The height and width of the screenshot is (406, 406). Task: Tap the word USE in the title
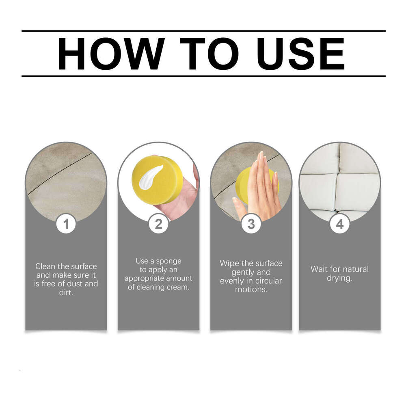(x=300, y=54)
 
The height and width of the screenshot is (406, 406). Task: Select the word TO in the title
(x=209, y=54)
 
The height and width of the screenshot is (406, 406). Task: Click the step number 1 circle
(x=66, y=224)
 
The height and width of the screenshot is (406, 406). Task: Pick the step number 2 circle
(x=158, y=224)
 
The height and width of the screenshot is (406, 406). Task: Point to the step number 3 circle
(x=251, y=224)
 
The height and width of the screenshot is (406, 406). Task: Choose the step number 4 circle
(x=340, y=224)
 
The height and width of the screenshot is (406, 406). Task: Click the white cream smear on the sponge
(x=151, y=177)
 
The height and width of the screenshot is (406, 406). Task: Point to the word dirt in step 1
(x=66, y=292)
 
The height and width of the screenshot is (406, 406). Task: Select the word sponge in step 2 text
(x=168, y=261)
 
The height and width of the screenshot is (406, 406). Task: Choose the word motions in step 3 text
(x=251, y=289)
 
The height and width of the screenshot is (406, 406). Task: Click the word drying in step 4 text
(x=339, y=279)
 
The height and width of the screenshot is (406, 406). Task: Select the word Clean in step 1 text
(x=45, y=266)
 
